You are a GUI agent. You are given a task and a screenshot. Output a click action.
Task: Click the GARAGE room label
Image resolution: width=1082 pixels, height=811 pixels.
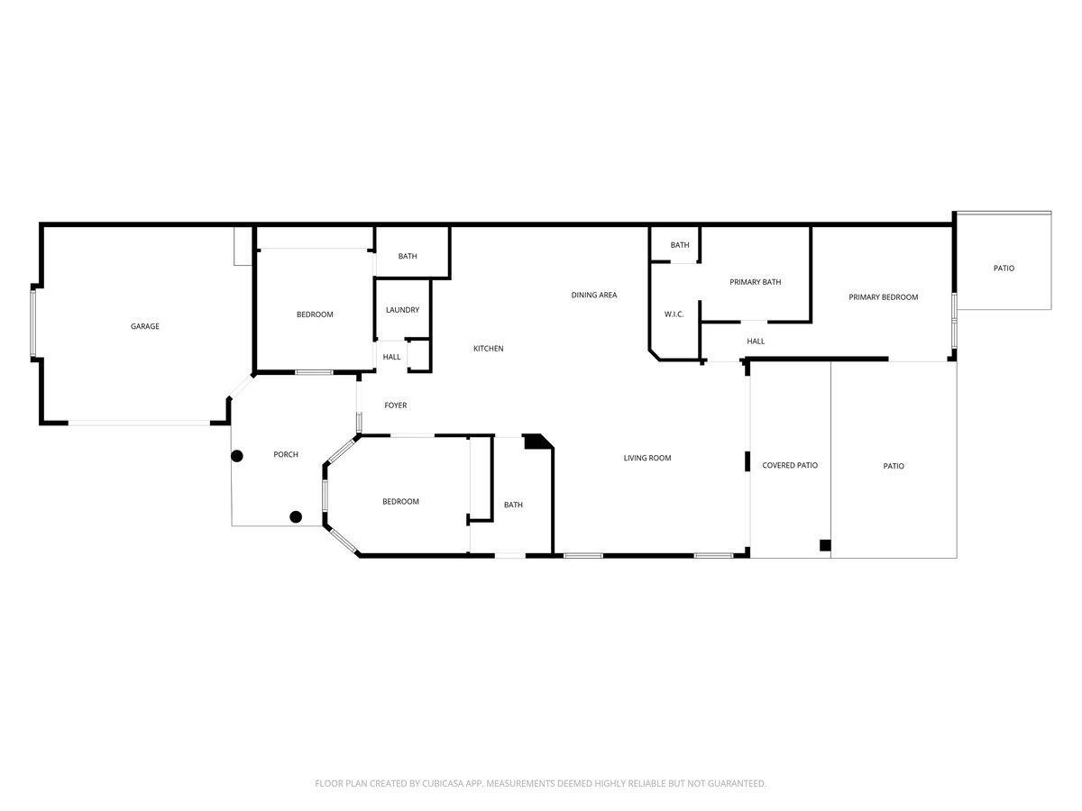click(145, 326)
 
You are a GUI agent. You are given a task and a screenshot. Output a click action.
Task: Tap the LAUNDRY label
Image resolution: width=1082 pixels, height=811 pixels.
click(402, 310)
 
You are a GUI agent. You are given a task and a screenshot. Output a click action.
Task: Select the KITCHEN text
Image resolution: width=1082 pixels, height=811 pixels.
click(489, 349)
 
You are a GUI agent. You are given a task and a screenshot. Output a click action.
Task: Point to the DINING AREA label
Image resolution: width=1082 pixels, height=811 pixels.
click(594, 295)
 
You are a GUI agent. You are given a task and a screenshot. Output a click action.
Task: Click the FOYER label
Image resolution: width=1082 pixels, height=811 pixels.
click(396, 405)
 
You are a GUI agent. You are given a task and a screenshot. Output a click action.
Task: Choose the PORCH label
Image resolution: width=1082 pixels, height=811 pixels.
click(286, 454)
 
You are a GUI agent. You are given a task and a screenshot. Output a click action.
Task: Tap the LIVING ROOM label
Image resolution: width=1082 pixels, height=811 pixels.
click(647, 458)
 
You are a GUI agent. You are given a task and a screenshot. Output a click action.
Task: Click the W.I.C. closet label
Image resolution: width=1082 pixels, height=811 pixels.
click(674, 314)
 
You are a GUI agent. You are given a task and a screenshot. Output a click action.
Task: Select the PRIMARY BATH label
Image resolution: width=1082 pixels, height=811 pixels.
click(756, 282)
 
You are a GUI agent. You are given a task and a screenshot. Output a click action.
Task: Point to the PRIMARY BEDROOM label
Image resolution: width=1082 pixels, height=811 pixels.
click(884, 297)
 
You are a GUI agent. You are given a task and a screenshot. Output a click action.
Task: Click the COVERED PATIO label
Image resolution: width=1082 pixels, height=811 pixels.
click(790, 465)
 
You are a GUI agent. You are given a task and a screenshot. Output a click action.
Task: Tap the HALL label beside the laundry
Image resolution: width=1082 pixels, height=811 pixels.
click(392, 357)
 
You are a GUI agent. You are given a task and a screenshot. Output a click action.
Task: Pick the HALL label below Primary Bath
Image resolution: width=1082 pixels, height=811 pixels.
click(756, 342)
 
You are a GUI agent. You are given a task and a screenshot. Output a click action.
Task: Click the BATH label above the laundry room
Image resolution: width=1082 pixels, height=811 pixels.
click(408, 256)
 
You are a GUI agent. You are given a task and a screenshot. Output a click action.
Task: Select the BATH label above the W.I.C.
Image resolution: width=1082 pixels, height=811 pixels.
click(680, 245)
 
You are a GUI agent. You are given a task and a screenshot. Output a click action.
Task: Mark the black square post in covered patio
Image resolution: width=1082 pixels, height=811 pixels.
click(824, 544)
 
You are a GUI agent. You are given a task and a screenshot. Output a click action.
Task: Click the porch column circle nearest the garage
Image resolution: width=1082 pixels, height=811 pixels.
click(237, 456)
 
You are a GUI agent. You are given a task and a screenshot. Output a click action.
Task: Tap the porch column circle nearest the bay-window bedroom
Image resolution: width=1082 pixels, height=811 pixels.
click(296, 516)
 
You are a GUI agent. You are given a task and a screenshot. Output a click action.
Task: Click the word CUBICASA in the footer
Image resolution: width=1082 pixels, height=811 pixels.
click(446, 784)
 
